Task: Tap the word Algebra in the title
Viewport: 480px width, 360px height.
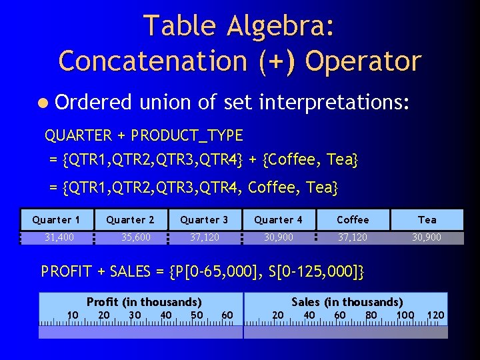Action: pyautogui.click(x=279, y=26)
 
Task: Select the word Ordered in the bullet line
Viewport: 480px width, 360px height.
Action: pyautogui.click(x=94, y=102)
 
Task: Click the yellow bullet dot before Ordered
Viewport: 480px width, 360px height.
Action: pyautogui.click(x=43, y=103)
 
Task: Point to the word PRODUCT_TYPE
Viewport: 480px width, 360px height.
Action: pyautogui.click(x=187, y=135)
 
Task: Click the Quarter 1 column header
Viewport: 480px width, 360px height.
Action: pyautogui.click(x=56, y=219)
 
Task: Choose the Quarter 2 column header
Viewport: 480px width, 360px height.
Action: pyautogui.click(x=130, y=219)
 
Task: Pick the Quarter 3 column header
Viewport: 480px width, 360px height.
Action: pyautogui.click(x=204, y=219)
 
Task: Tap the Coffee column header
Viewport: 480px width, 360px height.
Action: pyautogui.click(x=353, y=219)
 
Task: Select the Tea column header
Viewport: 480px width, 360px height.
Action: pyautogui.click(x=427, y=219)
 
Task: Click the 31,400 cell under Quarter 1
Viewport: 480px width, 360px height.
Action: pyautogui.click(x=59, y=237)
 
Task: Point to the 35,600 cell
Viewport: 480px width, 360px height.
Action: pyautogui.click(x=136, y=237)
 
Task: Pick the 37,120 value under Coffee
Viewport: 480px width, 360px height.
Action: pyautogui.click(x=353, y=237)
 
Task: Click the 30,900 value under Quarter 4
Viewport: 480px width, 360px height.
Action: pyautogui.click(x=278, y=237)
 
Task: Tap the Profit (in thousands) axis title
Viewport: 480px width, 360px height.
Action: pyautogui.click(x=144, y=302)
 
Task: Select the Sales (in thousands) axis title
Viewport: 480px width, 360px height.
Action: pyautogui.click(x=347, y=302)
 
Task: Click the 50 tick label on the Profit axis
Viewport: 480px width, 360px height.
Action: pyautogui.click(x=197, y=315)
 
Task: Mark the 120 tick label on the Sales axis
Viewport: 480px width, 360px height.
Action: pyautogui.click(x=435, y=315)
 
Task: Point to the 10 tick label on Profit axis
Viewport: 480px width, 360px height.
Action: pyautogui.click(x=73, y=315)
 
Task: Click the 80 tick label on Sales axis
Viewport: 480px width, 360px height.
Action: pyautogui.click(x=371, y=315)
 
